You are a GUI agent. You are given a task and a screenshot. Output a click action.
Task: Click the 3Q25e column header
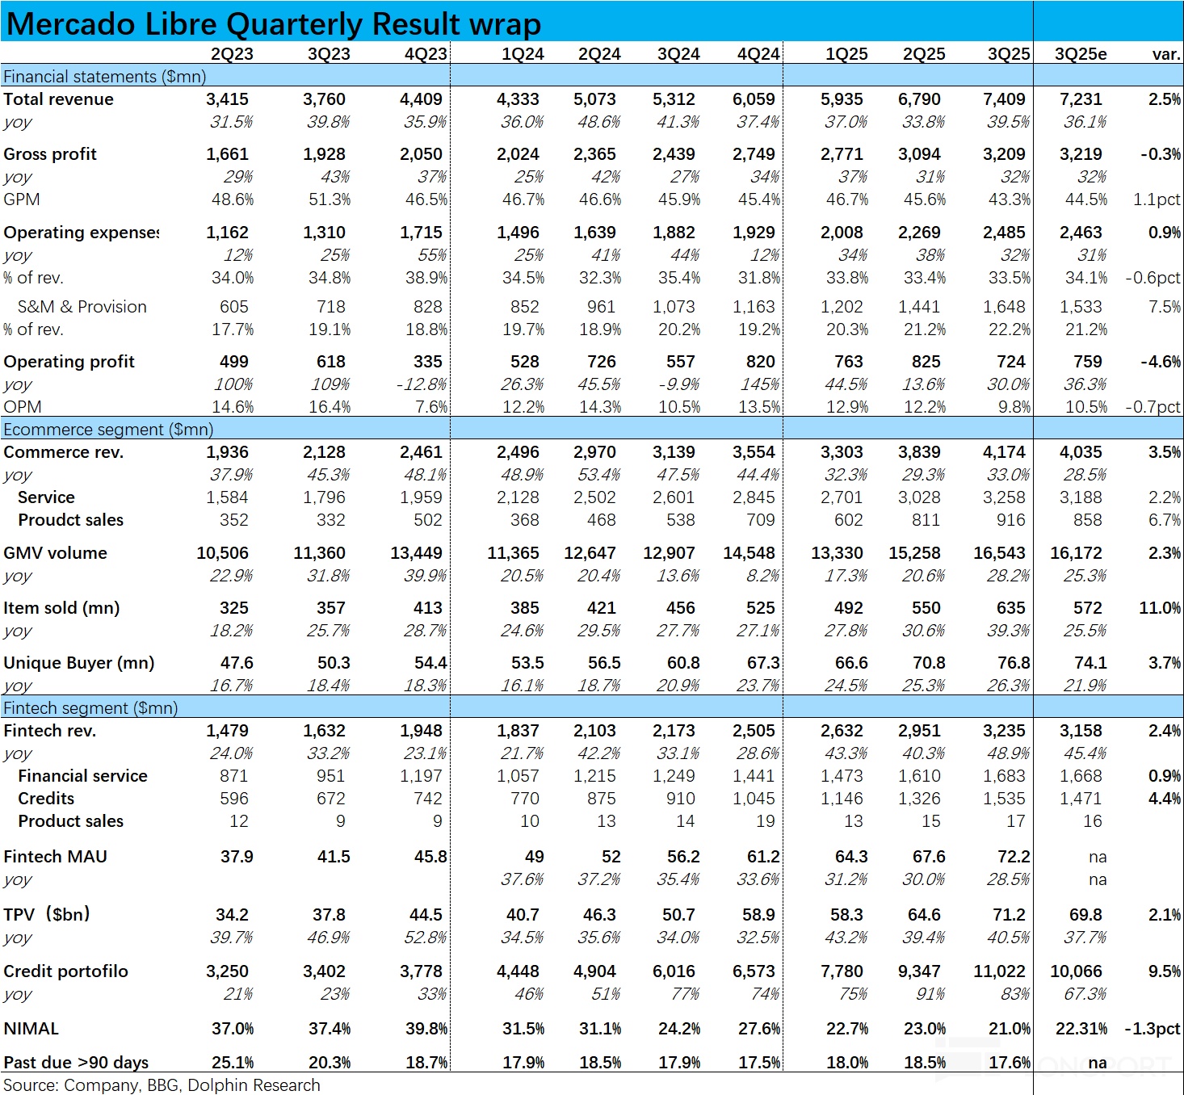point(1080,54)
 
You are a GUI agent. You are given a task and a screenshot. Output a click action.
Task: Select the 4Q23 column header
point(426,54)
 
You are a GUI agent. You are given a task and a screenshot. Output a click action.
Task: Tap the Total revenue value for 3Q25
point(1004,99)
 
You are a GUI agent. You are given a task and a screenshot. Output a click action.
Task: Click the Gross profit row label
point(50,154)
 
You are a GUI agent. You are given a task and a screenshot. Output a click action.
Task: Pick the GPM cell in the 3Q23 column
point(330,199)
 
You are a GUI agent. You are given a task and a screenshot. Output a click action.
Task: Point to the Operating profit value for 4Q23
point(427,362)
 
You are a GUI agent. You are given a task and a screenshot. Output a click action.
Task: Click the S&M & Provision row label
point(82,307)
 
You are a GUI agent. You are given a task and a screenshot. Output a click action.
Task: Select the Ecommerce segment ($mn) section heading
point(108,430)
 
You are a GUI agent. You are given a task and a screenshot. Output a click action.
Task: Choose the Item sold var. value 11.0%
point(1160,608)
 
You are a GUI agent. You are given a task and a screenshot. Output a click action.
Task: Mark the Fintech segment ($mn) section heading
point(90,708)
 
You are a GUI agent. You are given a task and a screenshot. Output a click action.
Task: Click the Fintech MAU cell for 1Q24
point(534,857)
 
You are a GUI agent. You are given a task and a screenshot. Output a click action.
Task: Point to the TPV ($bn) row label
point(47,915)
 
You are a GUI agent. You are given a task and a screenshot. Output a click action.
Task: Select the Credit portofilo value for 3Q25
point(999,971)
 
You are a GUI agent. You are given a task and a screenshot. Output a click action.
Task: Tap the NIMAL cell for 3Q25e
point(1081,1029)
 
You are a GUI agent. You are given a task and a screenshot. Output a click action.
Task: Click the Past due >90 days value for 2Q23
point(233,1063)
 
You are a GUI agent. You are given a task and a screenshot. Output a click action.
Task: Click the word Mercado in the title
point(71,24)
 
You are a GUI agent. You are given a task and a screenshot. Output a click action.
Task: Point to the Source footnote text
point(162,1085)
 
